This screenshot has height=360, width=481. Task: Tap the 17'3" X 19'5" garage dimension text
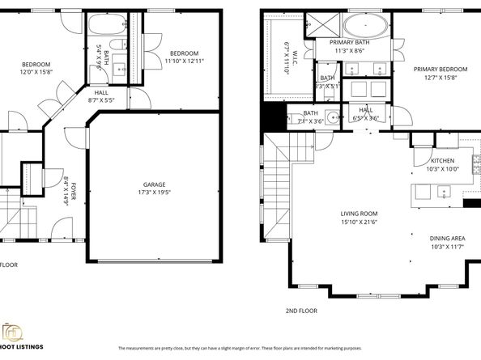pyautogui.click(x=153, y=192)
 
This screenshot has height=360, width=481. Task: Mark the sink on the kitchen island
pyautogui.click(x=442, y=193)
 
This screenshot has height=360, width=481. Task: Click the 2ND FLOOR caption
pyautogui.click(x=301, y=311)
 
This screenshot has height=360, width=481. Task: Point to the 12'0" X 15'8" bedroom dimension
pyautogui.click(x=36, y=72)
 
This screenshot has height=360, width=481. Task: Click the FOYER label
pyautogui.click(x=72, y=193)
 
